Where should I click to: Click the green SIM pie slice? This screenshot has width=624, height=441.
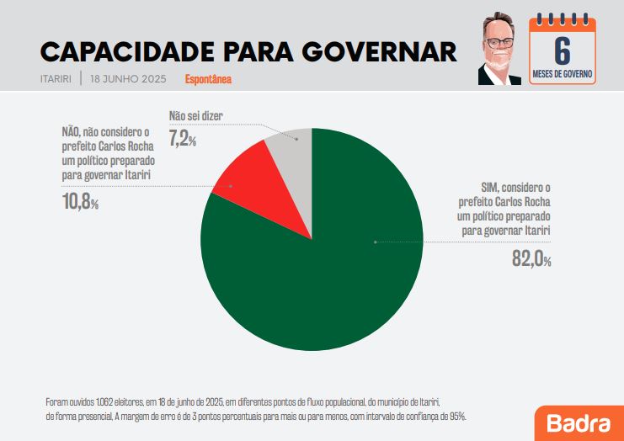[328, 269]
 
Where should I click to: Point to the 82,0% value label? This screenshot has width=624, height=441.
[531, 259]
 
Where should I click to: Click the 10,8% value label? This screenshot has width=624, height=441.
[80, 203]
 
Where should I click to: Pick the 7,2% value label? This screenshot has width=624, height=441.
[183, 140]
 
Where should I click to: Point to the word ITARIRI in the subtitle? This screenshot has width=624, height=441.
[56, 79]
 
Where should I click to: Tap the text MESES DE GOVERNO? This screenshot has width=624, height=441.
[563, 75]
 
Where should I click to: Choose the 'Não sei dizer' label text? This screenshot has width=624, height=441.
[195, 116]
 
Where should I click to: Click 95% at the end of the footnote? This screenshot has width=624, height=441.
[456, 416]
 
